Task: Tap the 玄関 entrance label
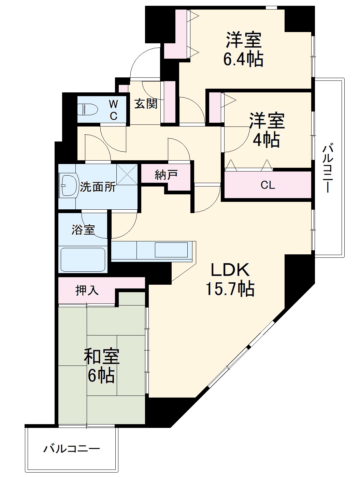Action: [x=146, y=104]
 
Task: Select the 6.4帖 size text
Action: [x=243, y=59]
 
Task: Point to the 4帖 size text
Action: [x=267, y=139]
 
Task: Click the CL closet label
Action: [x=268, y=185]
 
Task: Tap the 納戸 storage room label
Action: [x=166, y=175]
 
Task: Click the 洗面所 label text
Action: [x=98, y=187]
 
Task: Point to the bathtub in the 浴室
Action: [x=83, y=259]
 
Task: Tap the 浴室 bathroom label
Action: [x=83, y=229]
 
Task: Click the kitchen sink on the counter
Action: [x=171, y=250]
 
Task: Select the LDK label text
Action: [x=230, y=270]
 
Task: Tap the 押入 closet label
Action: [x=87, y=290]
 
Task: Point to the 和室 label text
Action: [x=101, y=357]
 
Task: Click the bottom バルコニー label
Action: [x=72, y=449]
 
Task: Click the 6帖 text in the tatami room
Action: [x=101, y=376]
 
